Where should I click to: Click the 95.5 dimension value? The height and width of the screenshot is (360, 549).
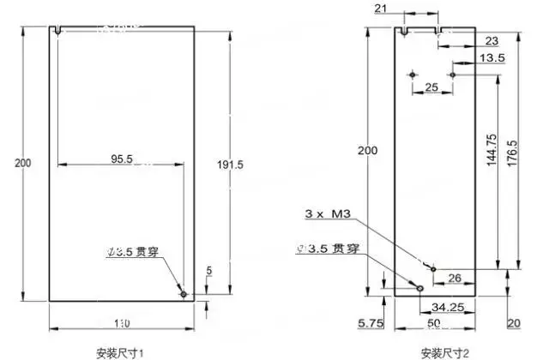tap(121, 159)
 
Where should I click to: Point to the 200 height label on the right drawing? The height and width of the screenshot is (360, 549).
tap(367, 150)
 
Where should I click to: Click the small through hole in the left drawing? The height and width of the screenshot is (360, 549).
tap(184, 294)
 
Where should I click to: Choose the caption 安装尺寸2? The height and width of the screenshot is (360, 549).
tap(445, 351)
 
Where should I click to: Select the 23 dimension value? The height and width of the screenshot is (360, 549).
tap(492, 41)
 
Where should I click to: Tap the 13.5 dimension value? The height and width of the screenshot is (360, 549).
tap(492, 58)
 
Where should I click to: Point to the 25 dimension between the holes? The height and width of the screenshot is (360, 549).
tap(431, 87)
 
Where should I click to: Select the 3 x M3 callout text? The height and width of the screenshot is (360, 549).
tap(331, 213)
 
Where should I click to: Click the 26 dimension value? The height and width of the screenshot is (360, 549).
tap(455, 277)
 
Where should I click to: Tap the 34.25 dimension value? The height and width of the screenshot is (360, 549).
tap(446, 306)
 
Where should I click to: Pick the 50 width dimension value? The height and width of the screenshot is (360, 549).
tap(435, 323)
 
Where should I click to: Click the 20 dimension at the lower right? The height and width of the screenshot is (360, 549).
tap(514, 323)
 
